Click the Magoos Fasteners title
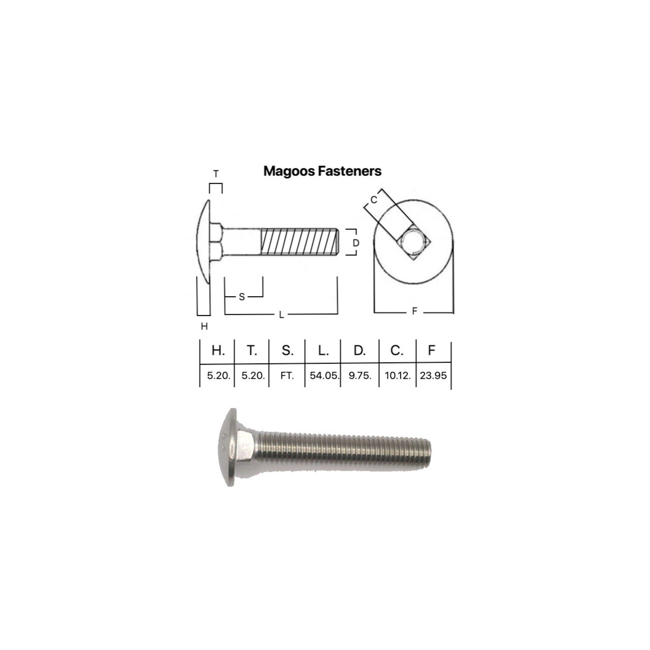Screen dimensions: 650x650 tap(322, 171)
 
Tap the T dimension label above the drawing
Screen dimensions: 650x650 tap(216, 174)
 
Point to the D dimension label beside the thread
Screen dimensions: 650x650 tap(356, 243)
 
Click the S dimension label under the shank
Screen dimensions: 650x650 tap(242, 297)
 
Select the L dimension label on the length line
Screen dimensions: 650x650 tap(281, 315)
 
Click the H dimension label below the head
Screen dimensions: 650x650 tap(204, 326)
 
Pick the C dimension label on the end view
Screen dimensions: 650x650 tap(374, 200)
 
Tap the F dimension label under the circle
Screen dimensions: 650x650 tap(414, 312)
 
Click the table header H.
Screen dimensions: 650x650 tap(218, 350)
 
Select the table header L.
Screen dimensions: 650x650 tap(323, 350)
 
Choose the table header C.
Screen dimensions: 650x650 tap(397, 350)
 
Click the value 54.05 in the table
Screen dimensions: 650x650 tap(324, 375)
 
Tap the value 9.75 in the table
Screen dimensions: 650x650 tap(360, 375)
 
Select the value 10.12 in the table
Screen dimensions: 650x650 tap(397, 375)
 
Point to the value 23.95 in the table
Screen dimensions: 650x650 tap(433, 375)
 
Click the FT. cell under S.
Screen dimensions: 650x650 tap(287, 375)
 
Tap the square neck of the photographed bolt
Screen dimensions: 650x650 tap(246, 447)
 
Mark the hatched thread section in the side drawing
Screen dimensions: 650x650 tap(299, 242)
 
